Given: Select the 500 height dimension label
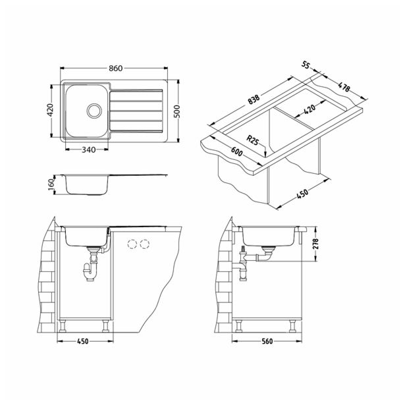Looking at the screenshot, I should click(176, 113).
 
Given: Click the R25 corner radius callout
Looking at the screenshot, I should click(251, 139).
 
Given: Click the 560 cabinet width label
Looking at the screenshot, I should click(267, 341).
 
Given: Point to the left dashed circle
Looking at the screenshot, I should click(130, 244).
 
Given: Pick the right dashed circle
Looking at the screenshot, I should click(145, 244).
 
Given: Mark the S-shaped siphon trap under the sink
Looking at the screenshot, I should click(88, 270).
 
